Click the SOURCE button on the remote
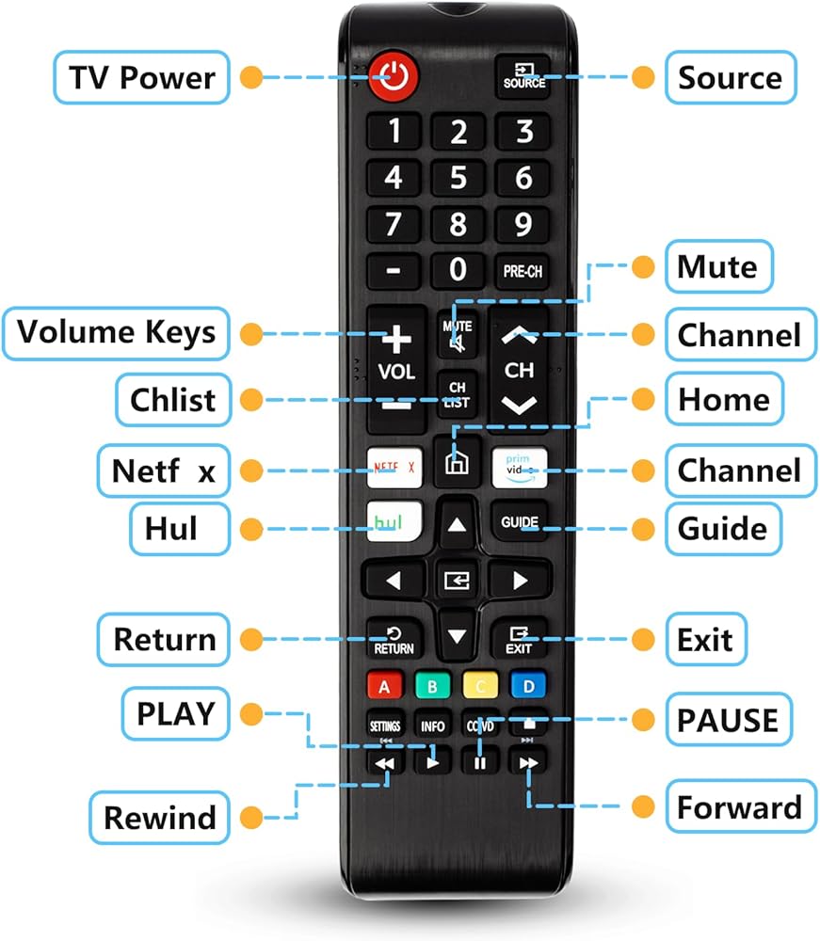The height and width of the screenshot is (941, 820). pyautogui.click(x=523, y=76)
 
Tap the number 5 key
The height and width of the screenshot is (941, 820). pyautogui.click(x=458, y=178)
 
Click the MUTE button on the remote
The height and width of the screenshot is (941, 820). pyautogui.click(x=458, y=335)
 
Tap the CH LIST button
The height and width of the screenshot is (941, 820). pyautogui.click(x=458, y=394)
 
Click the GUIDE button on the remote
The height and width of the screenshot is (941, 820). pyautogui.click(x=519, y=522)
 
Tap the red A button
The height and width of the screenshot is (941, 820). pyautogui.click(x=384, y=686)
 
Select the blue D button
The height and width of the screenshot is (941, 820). pyautogui.click(x=527, y=686)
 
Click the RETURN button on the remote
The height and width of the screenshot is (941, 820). pyautogui.click(x=394, y=640)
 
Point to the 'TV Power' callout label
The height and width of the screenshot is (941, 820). pyautogui.click(x=141, y=77)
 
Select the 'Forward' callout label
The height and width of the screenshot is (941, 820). pyautogui.click(x=740, y=806)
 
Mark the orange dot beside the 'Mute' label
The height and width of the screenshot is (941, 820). pyautogui.click(x=643, y=266)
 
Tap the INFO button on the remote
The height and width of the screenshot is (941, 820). pyautogui.click(x=432, y=726)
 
